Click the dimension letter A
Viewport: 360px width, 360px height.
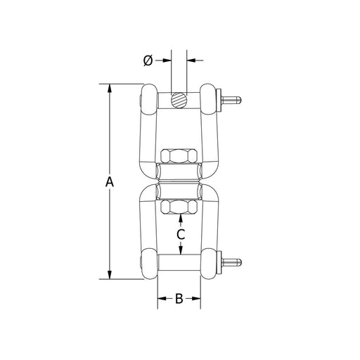[110, 182]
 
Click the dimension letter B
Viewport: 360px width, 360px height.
[179, 299]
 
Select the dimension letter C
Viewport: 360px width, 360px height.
[181, 234]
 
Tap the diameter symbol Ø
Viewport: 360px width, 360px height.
[148, 60]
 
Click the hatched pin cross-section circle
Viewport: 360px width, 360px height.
[179, 101]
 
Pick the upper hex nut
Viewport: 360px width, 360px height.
[179, 155]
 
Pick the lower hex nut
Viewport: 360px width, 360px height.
[179, 207]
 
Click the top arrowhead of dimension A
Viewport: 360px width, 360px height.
[110, 88]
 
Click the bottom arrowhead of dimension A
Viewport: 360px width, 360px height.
[110, 275]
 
